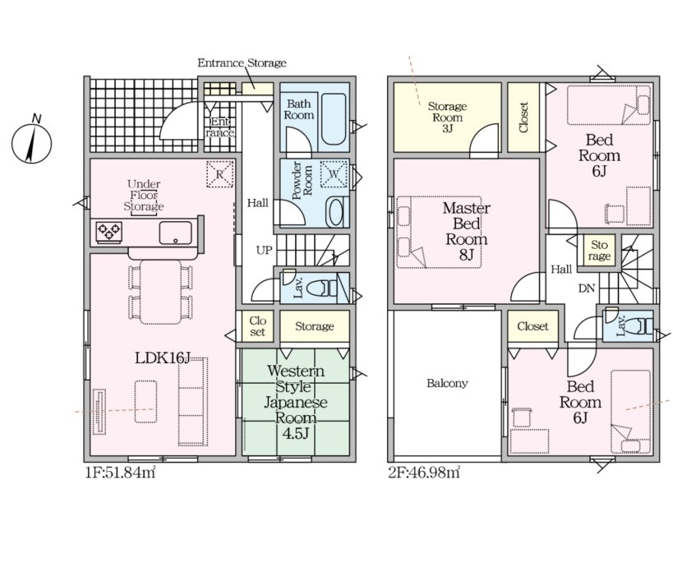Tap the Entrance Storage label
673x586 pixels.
click(242, 63)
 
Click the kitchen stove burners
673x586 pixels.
click(108, 233)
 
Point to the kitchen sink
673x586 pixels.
click(176, 233)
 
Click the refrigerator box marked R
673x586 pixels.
click(219, 174)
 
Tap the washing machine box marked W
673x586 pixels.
click(334, 174)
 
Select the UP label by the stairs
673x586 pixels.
click(264, 250)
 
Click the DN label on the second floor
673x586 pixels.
click(586, 288)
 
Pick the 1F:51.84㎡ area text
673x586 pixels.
click(120, 473)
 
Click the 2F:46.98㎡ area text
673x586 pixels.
click(424, 473)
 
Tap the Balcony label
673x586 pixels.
click(447, 383)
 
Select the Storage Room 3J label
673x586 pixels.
click(447, 118)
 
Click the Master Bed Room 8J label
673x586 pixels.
click(467, 232)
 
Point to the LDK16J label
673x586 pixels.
click(163, 358)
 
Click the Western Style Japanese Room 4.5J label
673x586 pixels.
click(296, 402)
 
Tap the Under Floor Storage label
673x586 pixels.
click(144, 196)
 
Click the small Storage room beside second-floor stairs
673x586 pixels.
click(599, 251)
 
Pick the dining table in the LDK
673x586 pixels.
click(160, 292)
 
